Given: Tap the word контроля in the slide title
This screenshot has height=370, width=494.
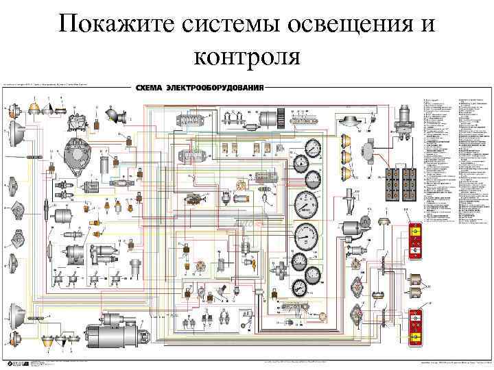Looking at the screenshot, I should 247,55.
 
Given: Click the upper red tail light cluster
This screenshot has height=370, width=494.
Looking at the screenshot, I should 415,241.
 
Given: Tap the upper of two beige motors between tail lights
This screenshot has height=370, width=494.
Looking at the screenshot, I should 415,279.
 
